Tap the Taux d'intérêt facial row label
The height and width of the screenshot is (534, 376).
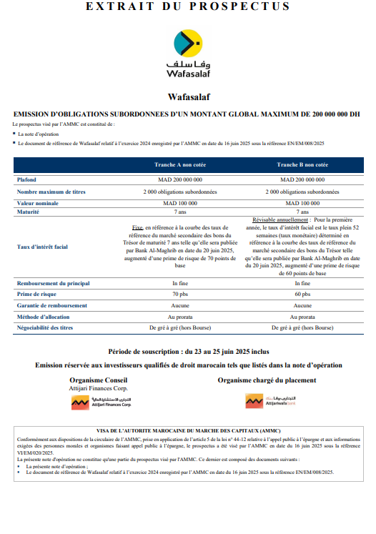coord(42,247)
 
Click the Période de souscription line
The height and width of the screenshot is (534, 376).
coord(188,352)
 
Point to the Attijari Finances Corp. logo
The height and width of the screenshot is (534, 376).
coord(100,402)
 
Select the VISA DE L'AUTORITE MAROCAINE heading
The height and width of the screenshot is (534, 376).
coord(188,430)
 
